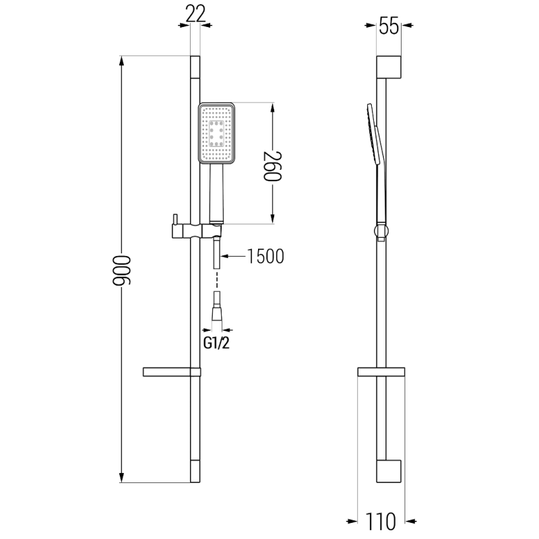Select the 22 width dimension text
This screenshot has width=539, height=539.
click(195, 12)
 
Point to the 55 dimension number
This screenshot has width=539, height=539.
click(388, 27)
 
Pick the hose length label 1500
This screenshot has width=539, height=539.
click(265, 257)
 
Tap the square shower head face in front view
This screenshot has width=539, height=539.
click(216, 133)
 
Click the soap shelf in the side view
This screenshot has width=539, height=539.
click(381, 372)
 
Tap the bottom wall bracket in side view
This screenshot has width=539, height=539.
click(389, 471)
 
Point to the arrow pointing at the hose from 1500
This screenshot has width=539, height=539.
click(225, 257)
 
